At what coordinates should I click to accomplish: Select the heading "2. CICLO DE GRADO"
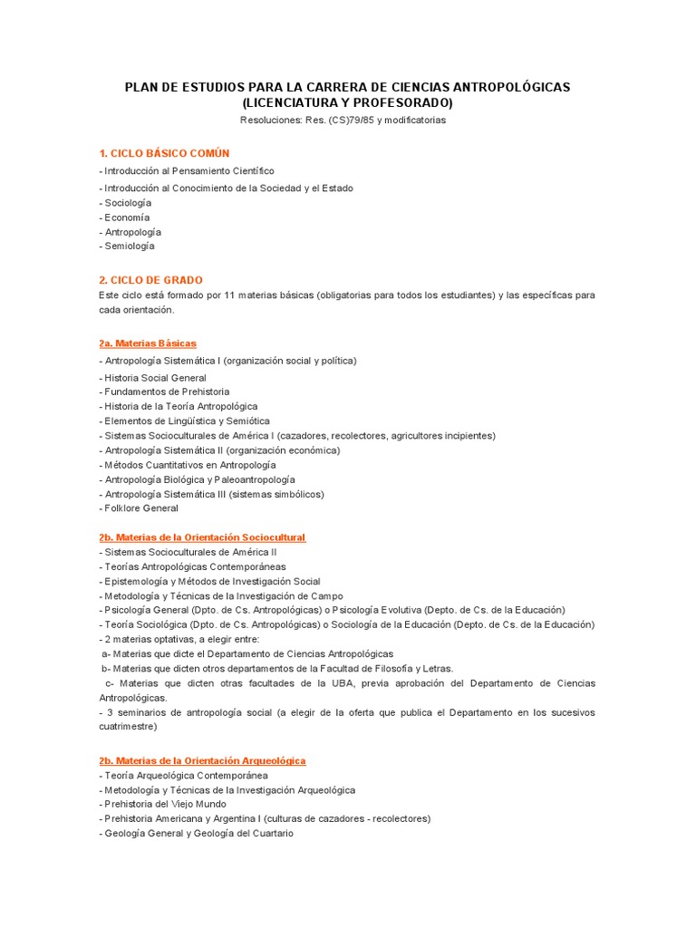151,280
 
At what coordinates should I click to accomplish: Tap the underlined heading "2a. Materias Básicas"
148,343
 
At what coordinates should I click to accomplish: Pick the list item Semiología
129,246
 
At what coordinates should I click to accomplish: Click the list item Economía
126,217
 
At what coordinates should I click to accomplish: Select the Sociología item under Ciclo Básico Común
127,203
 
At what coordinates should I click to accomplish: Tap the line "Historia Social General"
154,378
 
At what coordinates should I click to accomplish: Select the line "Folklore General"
140,508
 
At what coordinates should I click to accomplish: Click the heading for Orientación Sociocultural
203,537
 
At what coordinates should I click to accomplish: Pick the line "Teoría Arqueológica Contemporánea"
185,776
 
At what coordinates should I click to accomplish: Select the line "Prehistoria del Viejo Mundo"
164,804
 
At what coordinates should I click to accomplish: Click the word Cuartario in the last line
272,833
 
